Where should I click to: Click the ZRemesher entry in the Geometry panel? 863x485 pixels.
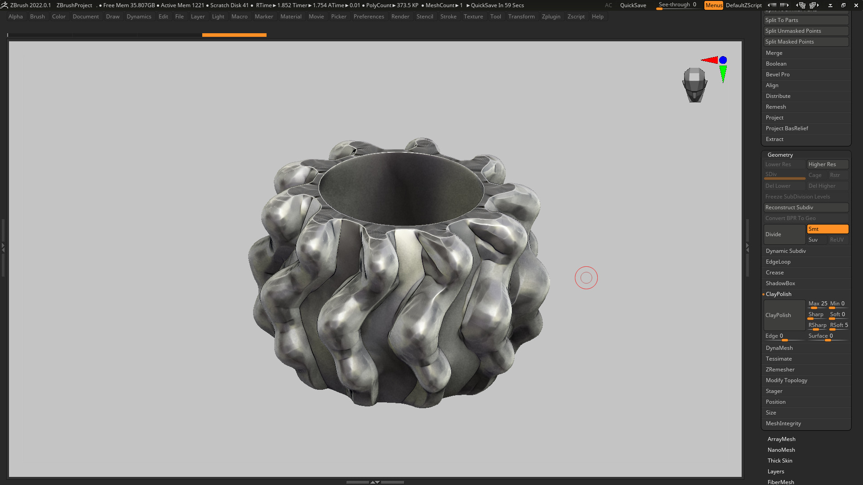780,370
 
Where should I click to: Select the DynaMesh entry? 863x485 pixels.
779,348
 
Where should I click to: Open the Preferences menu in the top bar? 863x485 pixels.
369,17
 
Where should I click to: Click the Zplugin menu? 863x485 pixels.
551,17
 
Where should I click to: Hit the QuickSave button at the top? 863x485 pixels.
633,5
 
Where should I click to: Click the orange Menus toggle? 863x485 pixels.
713,5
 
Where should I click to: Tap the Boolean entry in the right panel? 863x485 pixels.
776,64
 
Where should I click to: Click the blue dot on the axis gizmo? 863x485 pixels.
723,60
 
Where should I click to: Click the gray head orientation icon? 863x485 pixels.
694,84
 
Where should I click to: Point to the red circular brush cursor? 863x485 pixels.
586,278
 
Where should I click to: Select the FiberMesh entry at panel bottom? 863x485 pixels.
780,482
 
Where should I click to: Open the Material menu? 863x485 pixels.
291,17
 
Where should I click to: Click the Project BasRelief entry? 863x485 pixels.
787,128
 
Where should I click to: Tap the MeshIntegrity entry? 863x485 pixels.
783,423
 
